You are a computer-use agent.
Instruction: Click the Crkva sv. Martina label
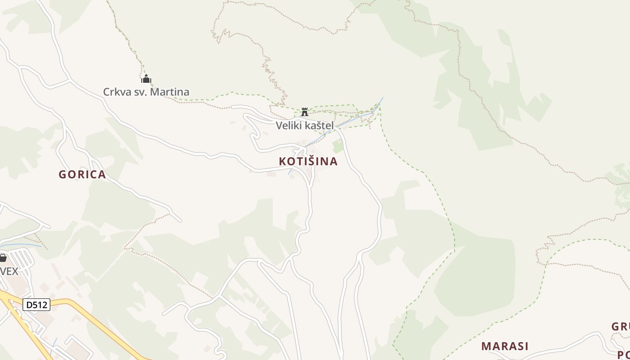146,92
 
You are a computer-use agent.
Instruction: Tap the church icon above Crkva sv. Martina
146,79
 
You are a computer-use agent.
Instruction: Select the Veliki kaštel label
305,126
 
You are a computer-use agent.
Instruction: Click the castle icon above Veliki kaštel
305,112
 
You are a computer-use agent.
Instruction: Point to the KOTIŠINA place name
308,161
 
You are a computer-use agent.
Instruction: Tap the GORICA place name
82,175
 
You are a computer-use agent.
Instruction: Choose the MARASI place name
505,346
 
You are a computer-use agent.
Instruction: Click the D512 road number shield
36,305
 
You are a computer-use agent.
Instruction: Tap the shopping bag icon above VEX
3,258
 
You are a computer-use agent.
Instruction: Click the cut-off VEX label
9,271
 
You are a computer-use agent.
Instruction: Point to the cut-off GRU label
620,327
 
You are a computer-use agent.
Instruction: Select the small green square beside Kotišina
338,146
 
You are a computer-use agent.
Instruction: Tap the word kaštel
319,126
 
